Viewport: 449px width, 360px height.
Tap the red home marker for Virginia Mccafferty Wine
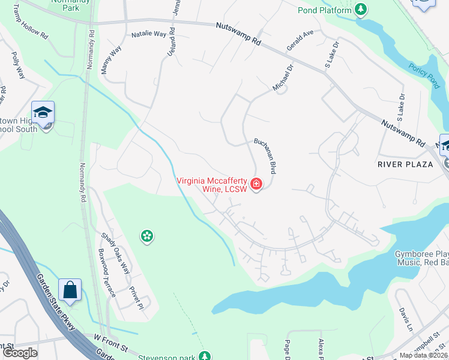(x=256, y=184)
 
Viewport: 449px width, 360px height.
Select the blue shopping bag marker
(x=70, y=290)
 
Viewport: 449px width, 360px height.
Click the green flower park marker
(x=146, y=236)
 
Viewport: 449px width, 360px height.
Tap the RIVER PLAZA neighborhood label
(x=405, y=164)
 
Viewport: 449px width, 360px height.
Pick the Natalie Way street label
(x=149, y=34)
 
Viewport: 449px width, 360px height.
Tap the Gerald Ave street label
(x=300, y=41)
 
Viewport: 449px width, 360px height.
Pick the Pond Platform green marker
(x=360, y=10)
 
